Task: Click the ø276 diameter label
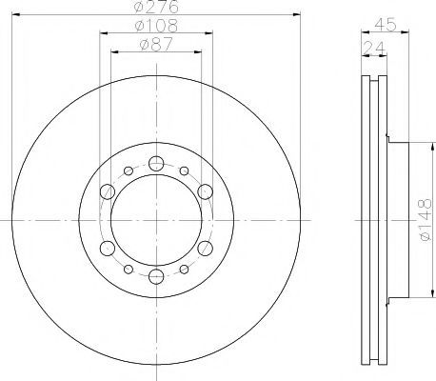[x=156, y=7]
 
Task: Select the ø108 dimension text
[x=156, y=26]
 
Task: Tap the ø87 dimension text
[x=156, y=45]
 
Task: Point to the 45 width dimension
[x=386, y=25]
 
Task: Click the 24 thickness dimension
[x=374, y=48]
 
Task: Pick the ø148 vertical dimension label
[x=426, y=220]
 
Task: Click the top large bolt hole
[x=156, y=164]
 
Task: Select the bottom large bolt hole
[x=156, y=276]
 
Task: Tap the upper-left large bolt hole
[x=108, y=191]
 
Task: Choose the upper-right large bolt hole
[x=205, y=191]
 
